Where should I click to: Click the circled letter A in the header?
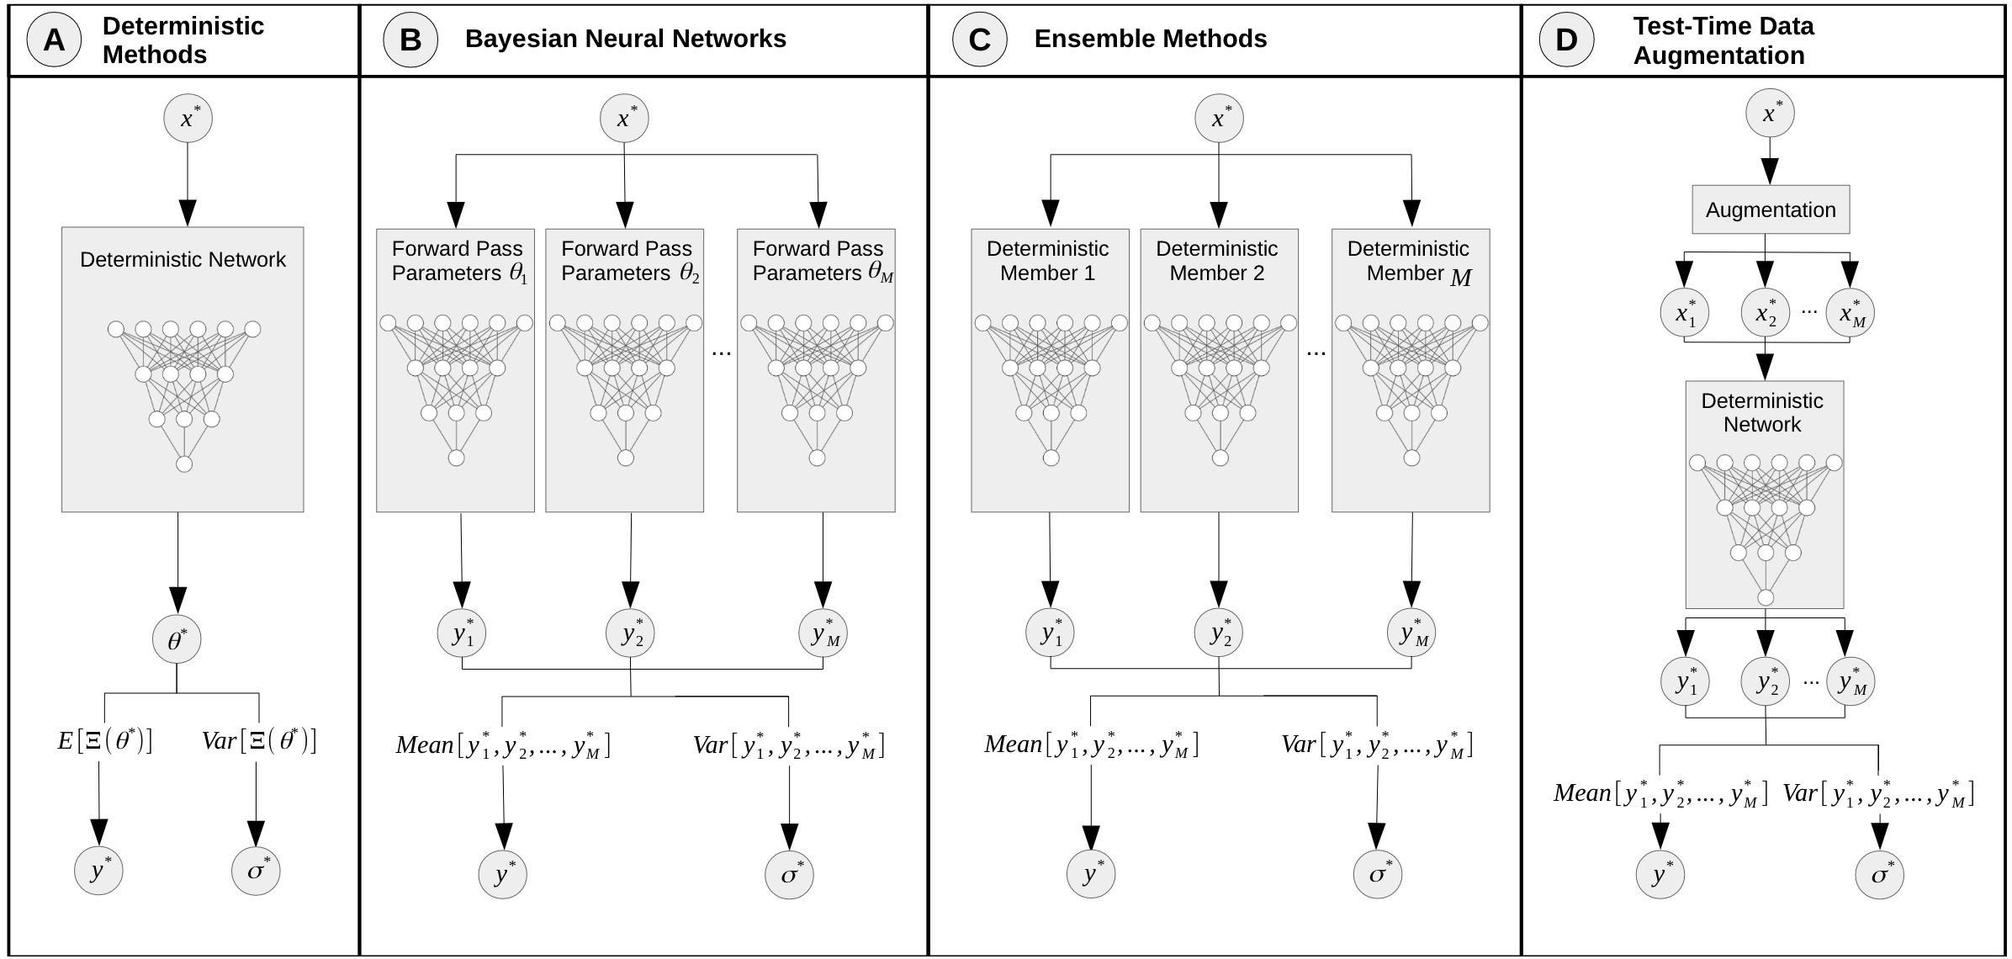click(54, 40)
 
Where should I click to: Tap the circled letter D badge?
click(1566, 40)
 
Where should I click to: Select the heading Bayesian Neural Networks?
click(625, 39)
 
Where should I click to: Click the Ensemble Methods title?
click(1150, 39)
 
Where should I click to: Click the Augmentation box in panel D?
click(1771, 209)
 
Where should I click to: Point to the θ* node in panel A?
click(177, 640)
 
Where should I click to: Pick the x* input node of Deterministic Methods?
click(188, 118)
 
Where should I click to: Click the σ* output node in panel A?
click(256, 871)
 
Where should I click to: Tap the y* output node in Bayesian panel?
click(503, 875)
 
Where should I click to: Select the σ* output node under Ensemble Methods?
click(1378, 875)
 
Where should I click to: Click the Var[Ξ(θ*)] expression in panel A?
click(259, 740)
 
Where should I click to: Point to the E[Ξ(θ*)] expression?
click(104, 740)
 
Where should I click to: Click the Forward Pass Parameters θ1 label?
click(459, 261)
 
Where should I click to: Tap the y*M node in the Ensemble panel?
click(1411, 633)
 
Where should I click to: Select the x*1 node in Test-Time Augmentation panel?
click(1685, 313)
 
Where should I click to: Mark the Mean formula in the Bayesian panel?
click(503, 745)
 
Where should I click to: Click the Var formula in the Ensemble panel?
click(1377, 745)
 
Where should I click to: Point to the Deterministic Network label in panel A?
click(183, 259)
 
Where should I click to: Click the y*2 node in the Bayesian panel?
click(631, 633)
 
